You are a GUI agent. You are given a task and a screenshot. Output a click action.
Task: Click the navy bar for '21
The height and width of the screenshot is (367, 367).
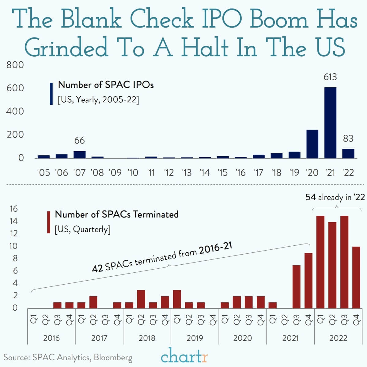click(x=330, y=123)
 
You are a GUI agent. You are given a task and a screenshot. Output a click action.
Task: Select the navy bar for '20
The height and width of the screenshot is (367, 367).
click(x=312, y=144)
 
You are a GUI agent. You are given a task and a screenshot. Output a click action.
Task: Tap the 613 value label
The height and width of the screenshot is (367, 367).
click(x=330, y=77)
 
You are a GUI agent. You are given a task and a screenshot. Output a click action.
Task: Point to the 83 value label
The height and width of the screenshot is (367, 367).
click(x=348, y=139)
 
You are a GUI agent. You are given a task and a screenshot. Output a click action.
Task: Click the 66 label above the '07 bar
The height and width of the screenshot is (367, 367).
click(x=79, y=141)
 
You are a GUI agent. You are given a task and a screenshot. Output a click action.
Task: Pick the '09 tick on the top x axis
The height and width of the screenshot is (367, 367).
click(x=115, y=173)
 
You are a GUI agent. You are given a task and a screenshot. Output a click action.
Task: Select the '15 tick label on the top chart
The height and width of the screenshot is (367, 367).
click(x=223, y=173)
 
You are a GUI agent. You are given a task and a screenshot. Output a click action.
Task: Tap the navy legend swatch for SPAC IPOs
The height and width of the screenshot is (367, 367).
click(x=51, y=94)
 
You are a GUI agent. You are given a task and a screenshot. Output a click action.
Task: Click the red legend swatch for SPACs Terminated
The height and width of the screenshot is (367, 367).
click(x=48, y=222)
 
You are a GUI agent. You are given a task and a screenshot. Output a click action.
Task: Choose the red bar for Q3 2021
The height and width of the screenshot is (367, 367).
click(x=296, y=286)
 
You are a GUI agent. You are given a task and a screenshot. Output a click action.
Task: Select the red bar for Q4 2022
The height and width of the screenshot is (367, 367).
click(x=356, y=277)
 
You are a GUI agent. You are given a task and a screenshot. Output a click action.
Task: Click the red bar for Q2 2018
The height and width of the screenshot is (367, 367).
click(x=141, y=299)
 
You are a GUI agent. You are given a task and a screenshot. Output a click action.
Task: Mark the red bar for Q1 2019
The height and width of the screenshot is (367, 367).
click(x=177, y=299)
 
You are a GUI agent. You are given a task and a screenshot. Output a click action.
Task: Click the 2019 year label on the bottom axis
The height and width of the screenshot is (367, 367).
click(x=195, y=338)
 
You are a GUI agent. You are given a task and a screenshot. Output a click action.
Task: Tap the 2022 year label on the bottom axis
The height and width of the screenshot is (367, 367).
click(x=338, y=338)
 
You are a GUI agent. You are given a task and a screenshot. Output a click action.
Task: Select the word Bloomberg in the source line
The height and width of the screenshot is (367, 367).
click(x=113, y=357)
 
